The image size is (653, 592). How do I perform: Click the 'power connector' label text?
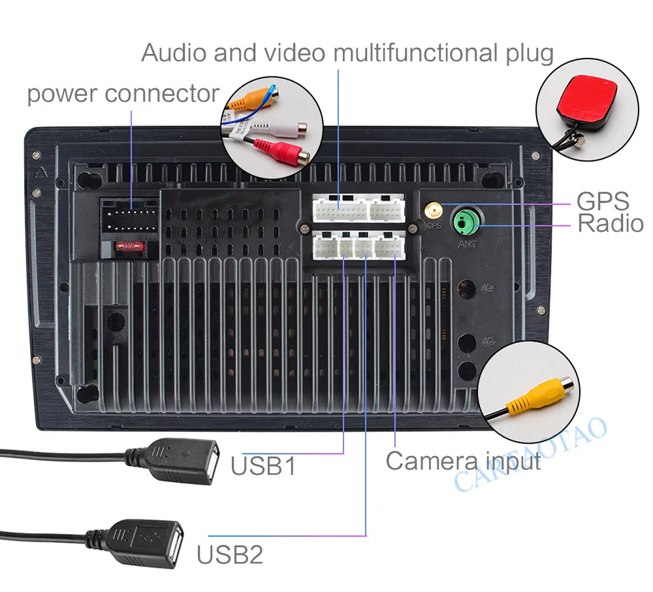click(123, 94)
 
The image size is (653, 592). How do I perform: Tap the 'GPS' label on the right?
click(603, 201)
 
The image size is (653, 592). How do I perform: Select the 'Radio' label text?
click(611, 224)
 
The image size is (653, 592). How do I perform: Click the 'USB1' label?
click(263, 467)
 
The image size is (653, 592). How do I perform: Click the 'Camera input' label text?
click(463, 461)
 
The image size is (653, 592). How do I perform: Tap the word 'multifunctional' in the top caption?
click(413, 52)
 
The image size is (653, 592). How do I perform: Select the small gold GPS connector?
click(432, 211)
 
